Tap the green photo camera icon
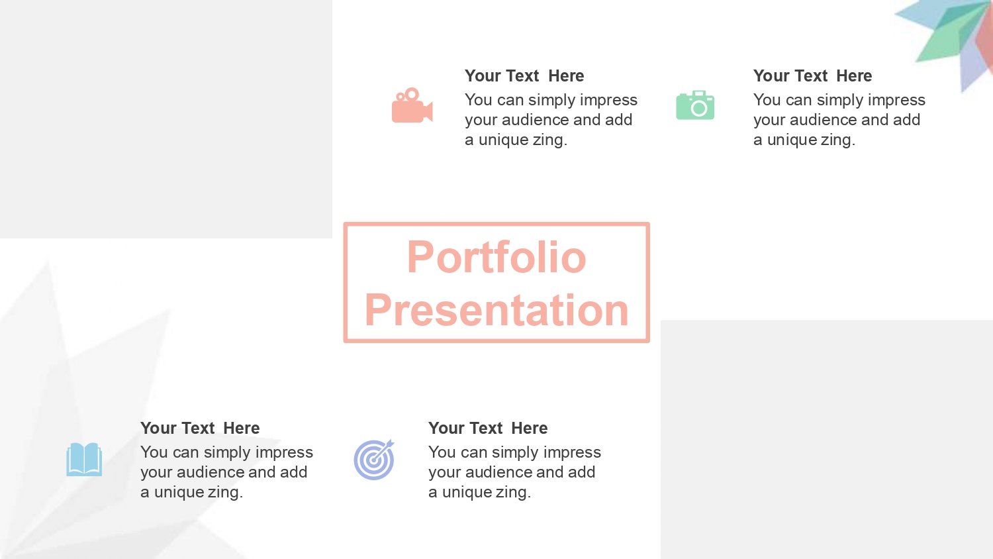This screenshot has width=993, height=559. (695, 105)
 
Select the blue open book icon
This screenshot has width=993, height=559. (84, 459)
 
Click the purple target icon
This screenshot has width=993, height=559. (374, 460)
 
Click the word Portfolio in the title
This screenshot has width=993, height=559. (496, 257)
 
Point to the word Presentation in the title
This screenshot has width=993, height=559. (496, 310)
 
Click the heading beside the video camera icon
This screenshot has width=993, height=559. (524, 76)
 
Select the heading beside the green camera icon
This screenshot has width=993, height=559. (812, 76)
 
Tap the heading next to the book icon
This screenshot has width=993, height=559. (200, 428)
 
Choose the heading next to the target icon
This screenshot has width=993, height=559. (488, 428)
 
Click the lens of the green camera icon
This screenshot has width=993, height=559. (698, 108)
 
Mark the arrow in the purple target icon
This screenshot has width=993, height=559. (384, 449)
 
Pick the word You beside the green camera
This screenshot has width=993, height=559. (767, 100)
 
